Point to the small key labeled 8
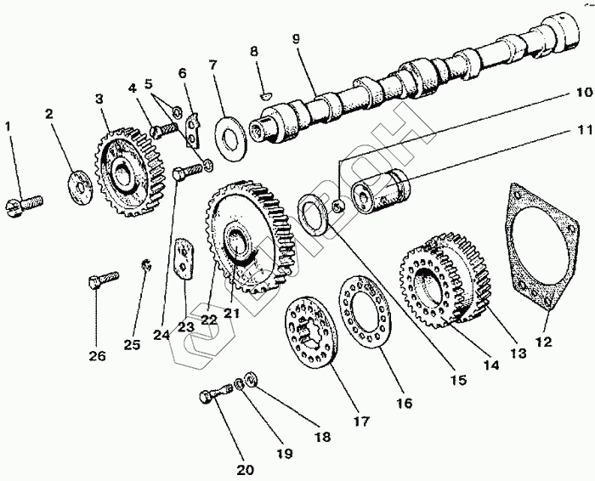point(265,96)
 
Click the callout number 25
point(131,344)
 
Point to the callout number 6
point(182,74)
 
